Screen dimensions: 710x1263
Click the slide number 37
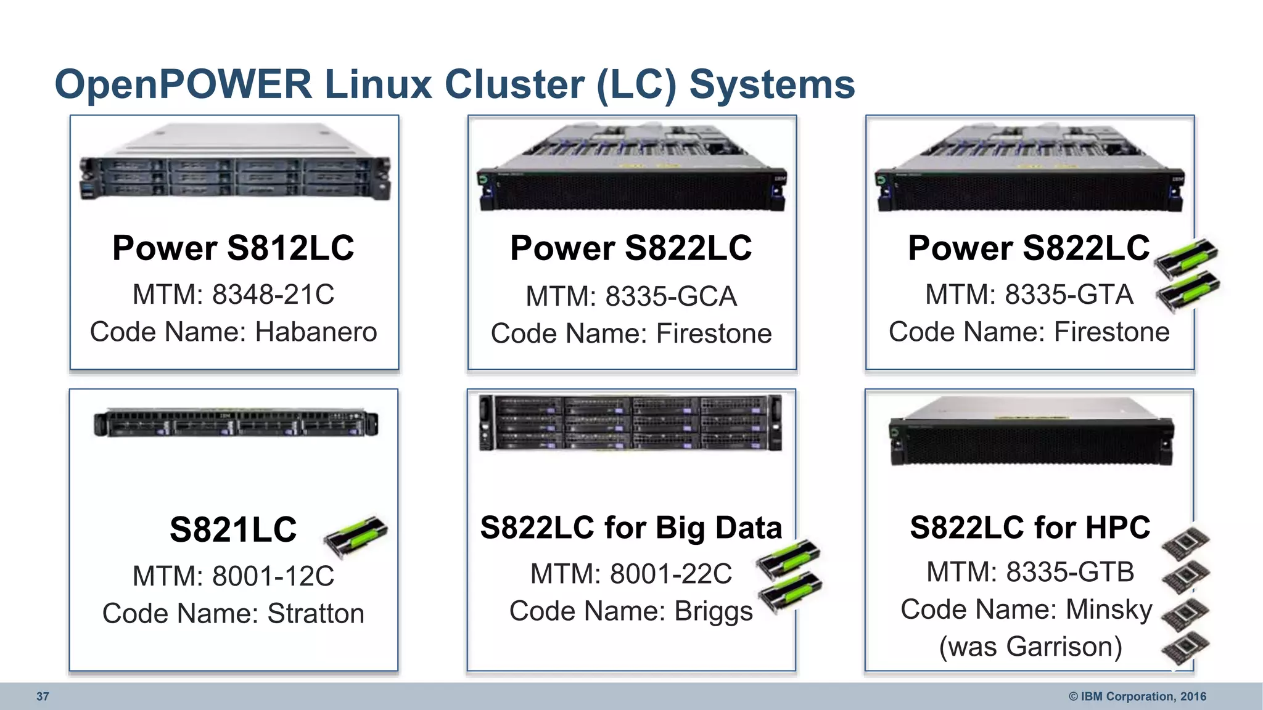pos(43,696)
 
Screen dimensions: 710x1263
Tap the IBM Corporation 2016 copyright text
pos(1137,696)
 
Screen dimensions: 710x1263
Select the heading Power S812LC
pos(233,248)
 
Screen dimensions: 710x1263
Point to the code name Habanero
pos(316,332)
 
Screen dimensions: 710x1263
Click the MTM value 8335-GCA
pos(671,296)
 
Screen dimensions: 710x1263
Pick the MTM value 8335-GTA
pos(1069,295)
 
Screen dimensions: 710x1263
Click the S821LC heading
pos(233,529)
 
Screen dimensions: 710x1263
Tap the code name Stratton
pos(316,614)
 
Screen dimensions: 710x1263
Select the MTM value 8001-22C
pos(671,574)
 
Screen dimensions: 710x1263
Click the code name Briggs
pos(714,611)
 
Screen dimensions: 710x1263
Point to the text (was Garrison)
pos(1030,647)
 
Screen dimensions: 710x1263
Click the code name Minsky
pos(1109,610)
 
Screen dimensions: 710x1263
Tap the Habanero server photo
pos(234,163)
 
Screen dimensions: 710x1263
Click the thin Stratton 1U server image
pos(236,423)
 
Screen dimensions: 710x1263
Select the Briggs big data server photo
pos(631,423)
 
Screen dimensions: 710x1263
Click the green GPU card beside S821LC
pos(356,534)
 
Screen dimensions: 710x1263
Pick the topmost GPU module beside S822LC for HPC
pos(1185,542)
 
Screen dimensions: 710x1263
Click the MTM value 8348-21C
pos(273,295)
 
